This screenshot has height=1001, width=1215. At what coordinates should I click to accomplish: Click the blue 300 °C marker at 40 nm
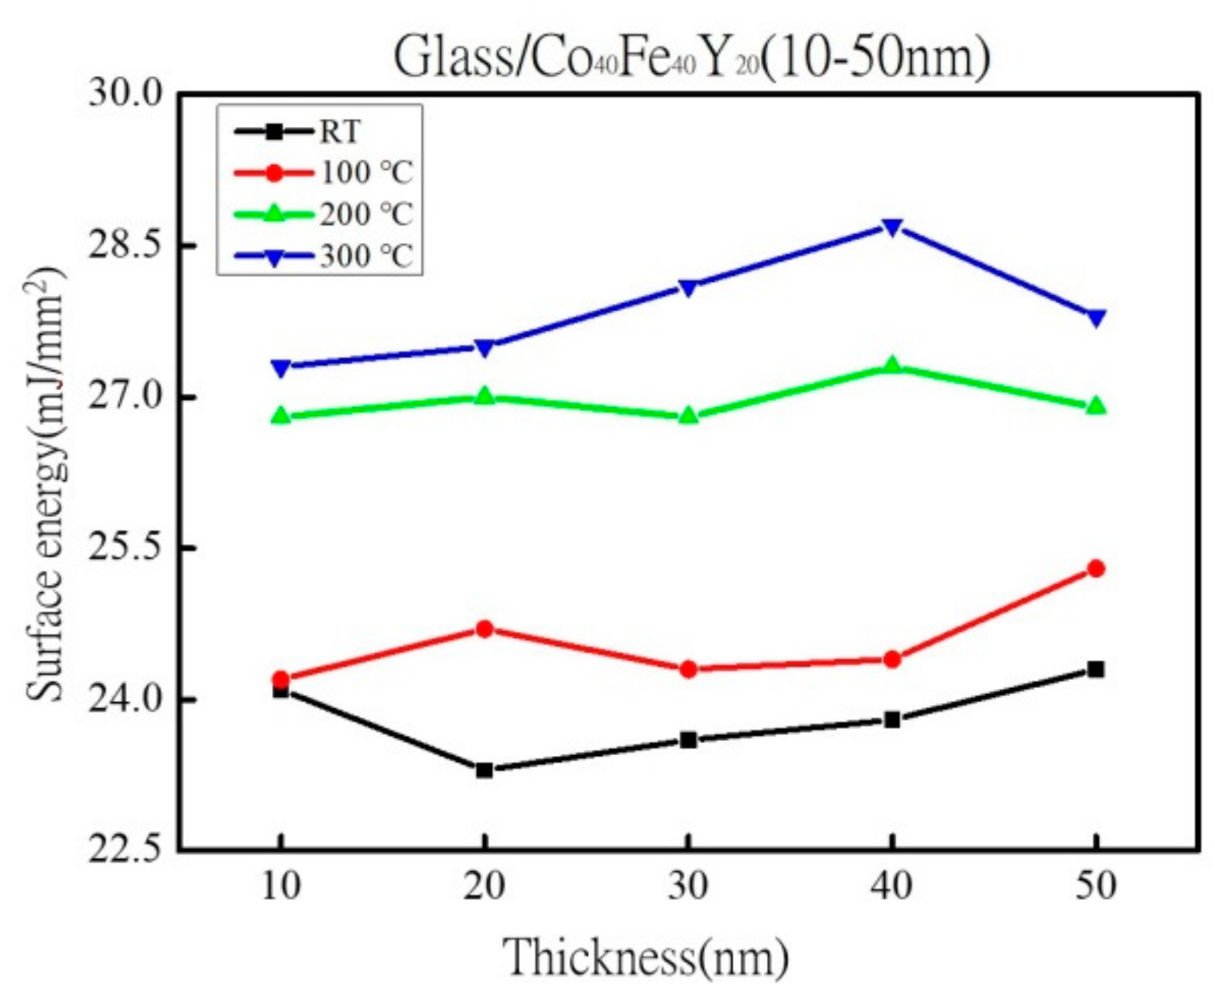click(x=892, y=226)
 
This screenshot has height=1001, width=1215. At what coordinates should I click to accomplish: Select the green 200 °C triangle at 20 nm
click(x=485, y=395)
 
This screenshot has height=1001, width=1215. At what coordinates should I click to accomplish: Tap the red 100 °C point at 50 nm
click(x=1096, y=568)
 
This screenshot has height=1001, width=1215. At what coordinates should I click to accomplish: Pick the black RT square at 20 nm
click(x=485, y=769)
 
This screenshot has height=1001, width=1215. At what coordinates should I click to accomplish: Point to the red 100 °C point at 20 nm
click(x=485, y=628)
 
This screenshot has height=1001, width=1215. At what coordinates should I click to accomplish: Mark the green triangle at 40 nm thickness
click(x=892, y=365)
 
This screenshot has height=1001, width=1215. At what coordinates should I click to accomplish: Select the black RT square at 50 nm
click(x=1096, y=669)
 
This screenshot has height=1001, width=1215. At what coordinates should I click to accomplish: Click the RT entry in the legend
click(x=340, y=132)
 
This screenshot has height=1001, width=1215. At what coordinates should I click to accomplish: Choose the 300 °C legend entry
click(x=366, y=256)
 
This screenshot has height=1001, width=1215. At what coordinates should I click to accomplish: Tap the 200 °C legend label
click(x=366, y=214)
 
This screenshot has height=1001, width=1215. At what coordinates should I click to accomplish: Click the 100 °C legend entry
click(x=366, y=173)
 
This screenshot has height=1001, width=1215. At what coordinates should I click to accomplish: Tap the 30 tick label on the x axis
click(x=688, y=887)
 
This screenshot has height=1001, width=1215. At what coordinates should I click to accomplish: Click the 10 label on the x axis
click(x=281, y=887)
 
